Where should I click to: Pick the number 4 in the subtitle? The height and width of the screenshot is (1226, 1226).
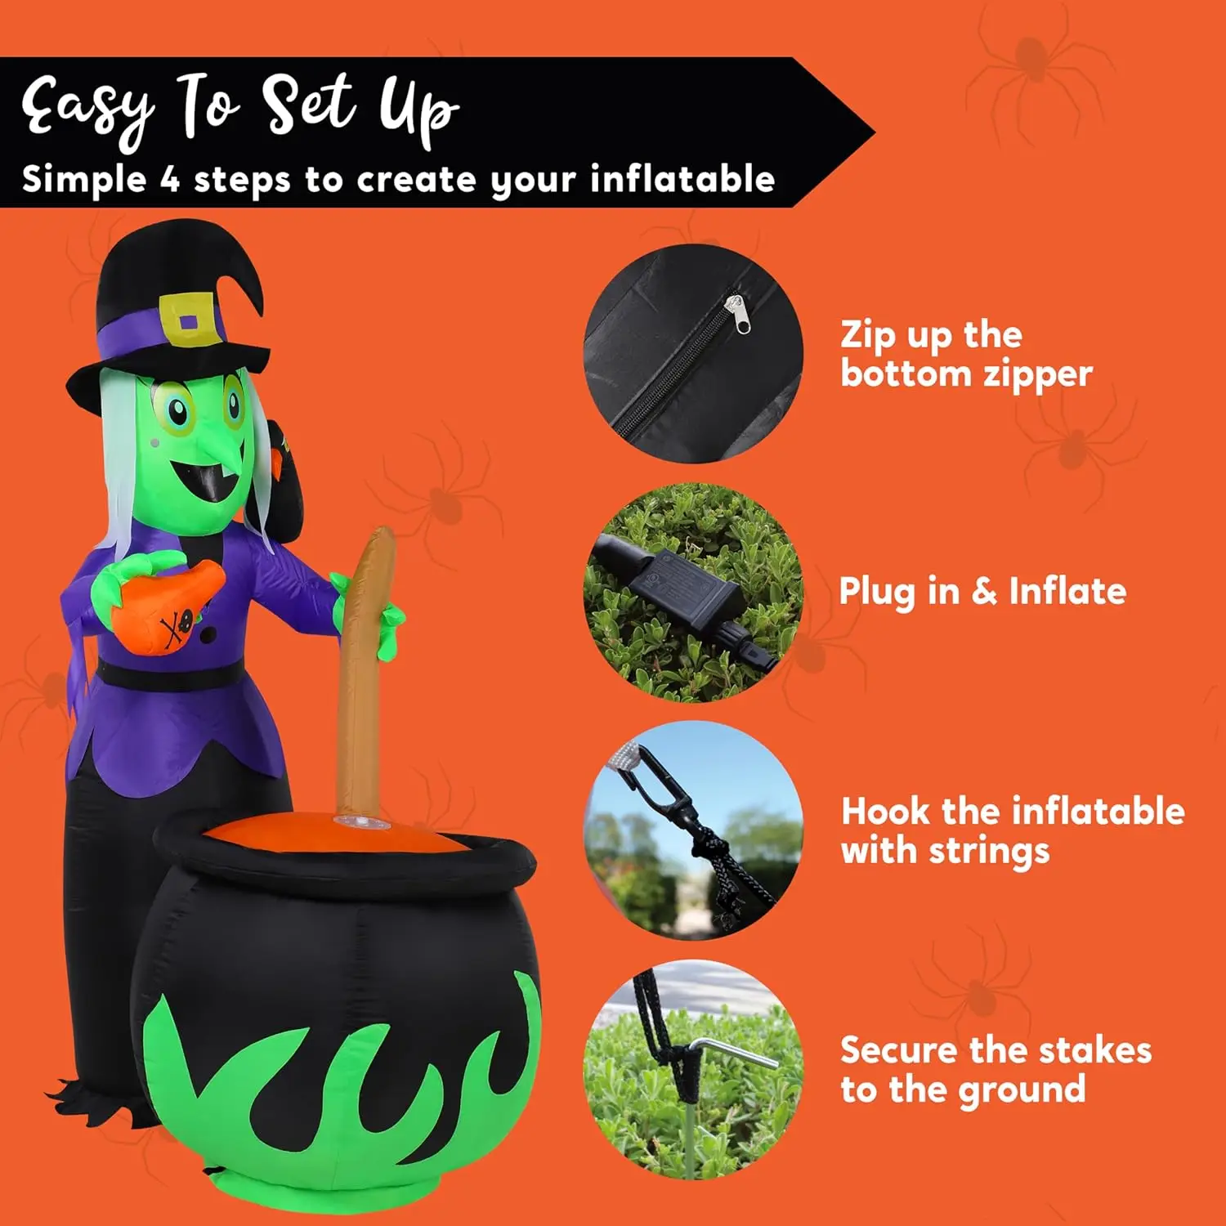(x=169, y=179)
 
